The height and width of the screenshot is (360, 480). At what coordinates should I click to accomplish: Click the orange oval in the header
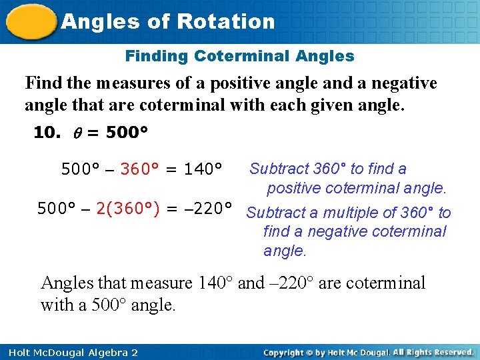click(30, 21)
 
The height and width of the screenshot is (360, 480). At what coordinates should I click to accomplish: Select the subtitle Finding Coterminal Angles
click(240, 57)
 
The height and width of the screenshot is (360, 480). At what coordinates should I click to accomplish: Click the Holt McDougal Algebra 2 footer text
click(69, 352)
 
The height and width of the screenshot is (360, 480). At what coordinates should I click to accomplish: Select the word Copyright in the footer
click(287, 352)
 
